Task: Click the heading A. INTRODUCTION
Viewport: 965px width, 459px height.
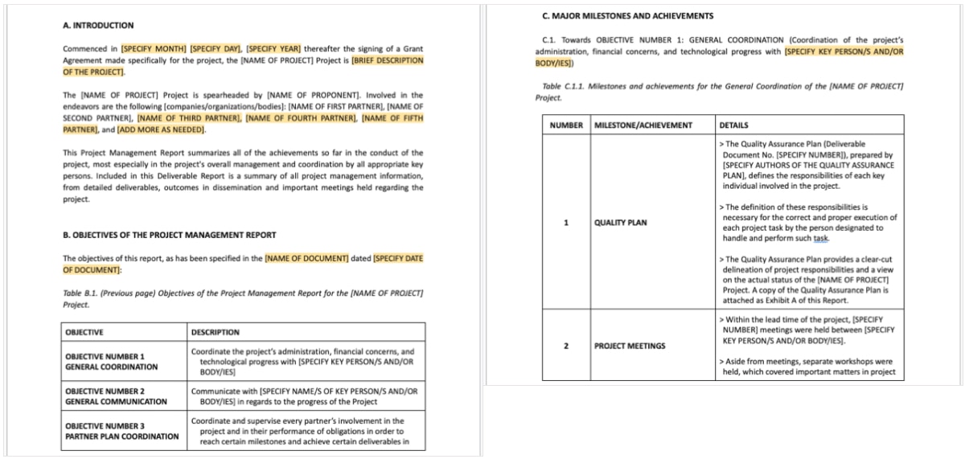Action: point(98,26)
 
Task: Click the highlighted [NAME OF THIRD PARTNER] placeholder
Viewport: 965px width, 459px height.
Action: point(189,118)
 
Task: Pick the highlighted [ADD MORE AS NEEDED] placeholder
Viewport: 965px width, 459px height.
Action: point(162,129)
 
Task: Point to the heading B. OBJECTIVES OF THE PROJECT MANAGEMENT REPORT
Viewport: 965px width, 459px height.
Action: point(169,236)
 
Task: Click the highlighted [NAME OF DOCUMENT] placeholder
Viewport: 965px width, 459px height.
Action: point(306,258)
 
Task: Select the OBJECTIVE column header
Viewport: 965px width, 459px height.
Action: point(84,332)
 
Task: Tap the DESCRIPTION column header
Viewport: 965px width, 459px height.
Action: point(215,332)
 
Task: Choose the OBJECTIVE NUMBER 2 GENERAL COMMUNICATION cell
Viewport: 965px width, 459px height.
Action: point(116,396)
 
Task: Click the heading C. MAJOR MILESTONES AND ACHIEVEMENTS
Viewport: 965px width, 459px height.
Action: point(628,15)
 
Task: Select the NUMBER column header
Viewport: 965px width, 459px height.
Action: point(566,125)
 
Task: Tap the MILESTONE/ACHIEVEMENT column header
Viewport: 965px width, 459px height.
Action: point(643,125)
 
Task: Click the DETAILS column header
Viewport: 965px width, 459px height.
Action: point(733,125)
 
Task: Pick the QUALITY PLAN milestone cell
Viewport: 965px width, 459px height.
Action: point(620,223)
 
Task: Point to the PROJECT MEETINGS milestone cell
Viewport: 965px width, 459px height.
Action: point(630,346)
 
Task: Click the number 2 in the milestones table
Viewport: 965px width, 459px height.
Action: point(566,346)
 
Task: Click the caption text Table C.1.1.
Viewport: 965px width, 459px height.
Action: point(562,86)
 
